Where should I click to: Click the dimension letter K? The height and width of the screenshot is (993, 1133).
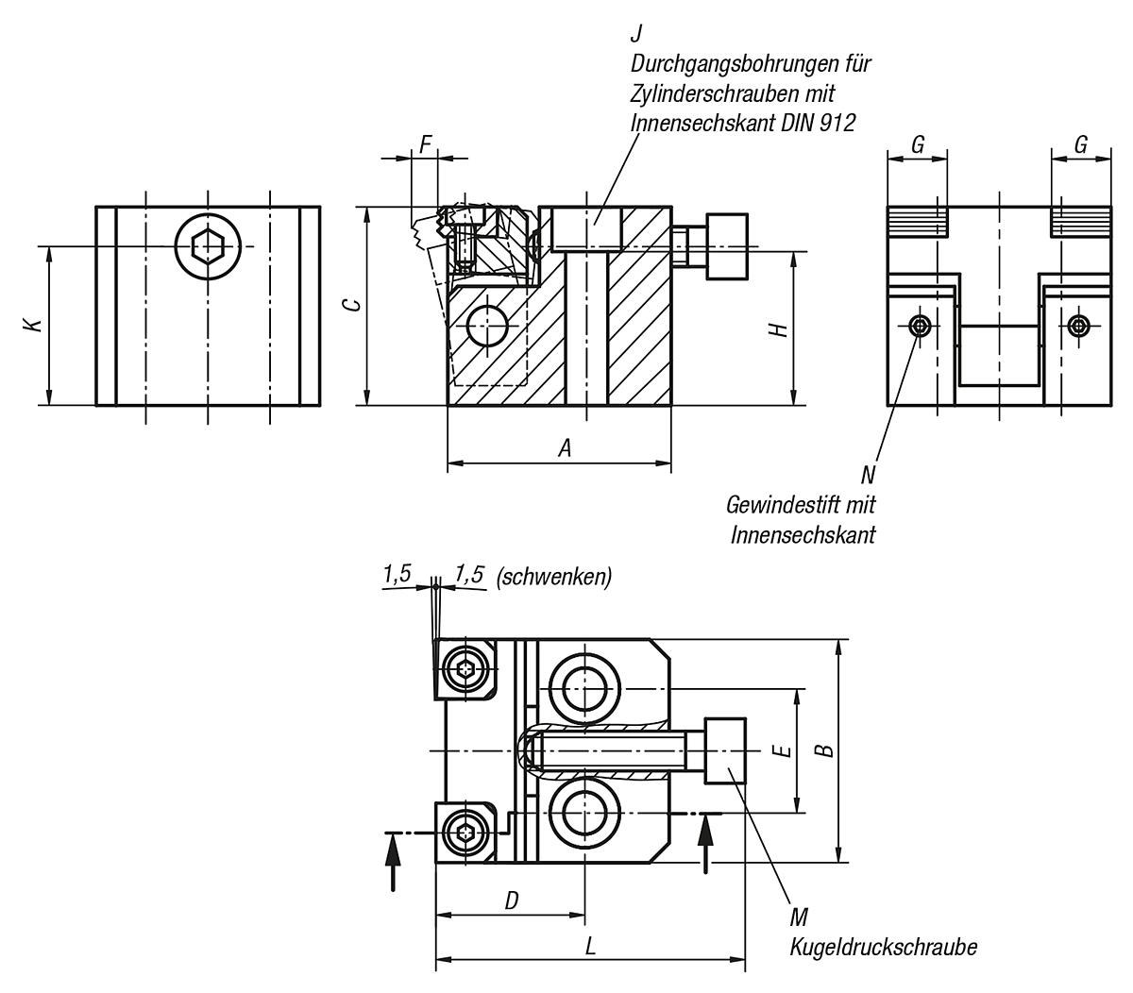click(34, 325)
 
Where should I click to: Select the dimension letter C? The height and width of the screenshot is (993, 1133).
click(349, 305)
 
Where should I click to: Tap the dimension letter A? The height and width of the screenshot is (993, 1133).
click(565, 448)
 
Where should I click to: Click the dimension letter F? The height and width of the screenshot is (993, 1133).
click(426, 144)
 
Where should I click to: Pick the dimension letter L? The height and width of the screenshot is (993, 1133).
click(591, 947)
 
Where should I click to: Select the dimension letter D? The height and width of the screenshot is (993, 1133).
click(512, 900)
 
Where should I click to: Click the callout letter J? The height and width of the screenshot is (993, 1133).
click(636, 34)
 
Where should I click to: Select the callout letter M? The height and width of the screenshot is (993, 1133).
click(799, 917)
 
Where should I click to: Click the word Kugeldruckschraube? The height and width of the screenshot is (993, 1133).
click(883, 947)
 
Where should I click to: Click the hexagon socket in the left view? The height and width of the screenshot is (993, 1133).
click(207, 246)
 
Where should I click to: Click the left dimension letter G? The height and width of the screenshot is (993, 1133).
click(917, 144)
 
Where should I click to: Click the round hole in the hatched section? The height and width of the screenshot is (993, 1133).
click(487, 327)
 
